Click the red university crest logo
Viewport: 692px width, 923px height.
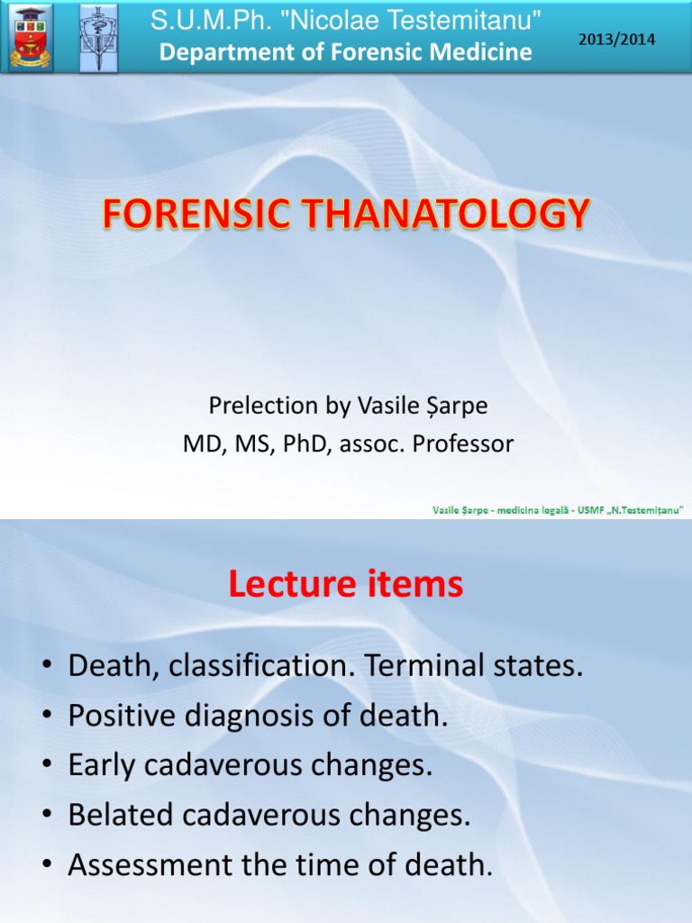30,37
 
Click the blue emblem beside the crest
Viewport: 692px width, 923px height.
97,37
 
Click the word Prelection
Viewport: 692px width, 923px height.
252,407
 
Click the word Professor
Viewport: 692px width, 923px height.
461,444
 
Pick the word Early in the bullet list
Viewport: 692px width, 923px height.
100,766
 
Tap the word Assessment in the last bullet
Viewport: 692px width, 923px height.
144,865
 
